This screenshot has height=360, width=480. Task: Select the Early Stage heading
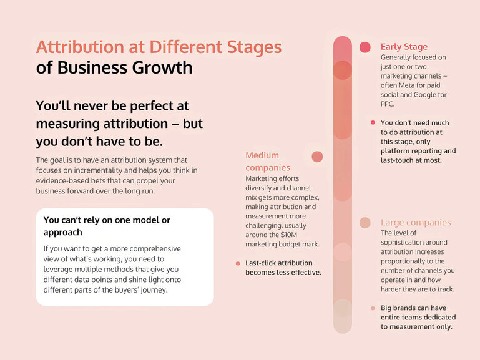[x=404, y=47]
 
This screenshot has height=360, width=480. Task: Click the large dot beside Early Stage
[x=365, y=47]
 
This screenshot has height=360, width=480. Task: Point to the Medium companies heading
[x=262, y=161]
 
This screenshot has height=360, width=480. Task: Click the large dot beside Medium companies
[x=317, y=157]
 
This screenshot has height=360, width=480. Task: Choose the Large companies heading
[x=416, y=223]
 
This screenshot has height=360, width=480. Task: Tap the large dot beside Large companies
[x=365, y=223]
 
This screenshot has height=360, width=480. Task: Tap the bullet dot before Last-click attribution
[x=238, y=263]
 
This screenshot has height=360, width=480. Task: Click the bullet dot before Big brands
[x=373, y=308]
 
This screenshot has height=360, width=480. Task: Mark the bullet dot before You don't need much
[x=373, y=123]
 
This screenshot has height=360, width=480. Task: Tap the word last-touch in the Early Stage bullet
[x=398, y=160]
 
